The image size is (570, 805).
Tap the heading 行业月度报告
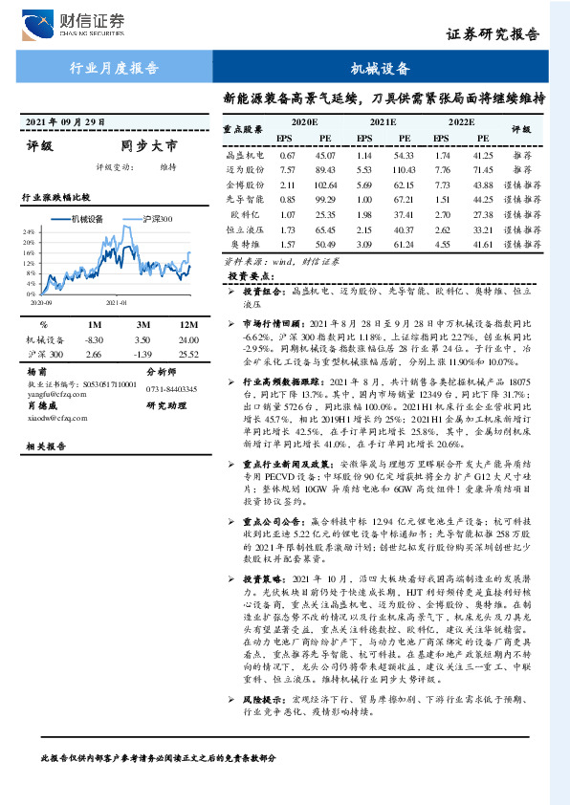[x=115, y=68]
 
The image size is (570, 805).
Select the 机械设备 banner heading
[x=381, y=68]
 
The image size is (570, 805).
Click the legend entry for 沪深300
[x=151, y=219]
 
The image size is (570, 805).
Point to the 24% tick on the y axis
[x=30, y=231]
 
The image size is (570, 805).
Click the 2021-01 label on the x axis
[x=117, y=300]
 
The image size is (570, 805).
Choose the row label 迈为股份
[x=244, y=168]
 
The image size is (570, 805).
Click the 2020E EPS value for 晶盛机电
[x=287, y=154]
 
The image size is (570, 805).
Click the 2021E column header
[x=383, y=123]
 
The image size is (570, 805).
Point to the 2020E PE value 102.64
[x=326, y=184]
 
